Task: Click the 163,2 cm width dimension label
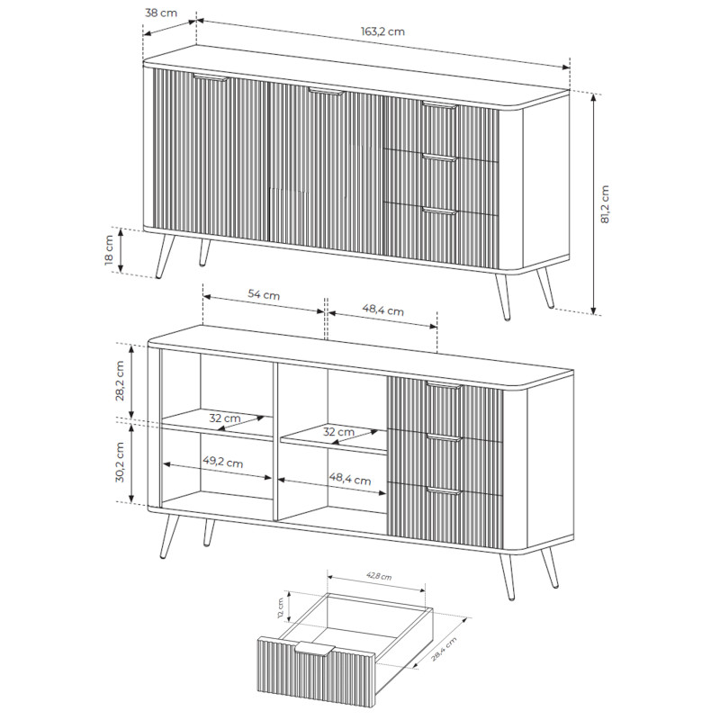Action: pos(382,31)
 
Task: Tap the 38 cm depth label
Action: pos(161,13)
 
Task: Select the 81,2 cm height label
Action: pos(605,204)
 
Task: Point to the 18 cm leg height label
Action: pos(109,250)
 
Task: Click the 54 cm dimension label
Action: pos(264,294)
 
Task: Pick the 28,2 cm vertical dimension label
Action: pos(120,381)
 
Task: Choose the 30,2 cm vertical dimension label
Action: pos(120,462)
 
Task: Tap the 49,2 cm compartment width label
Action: pos(223,461)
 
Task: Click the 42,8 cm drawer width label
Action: pos(379,576)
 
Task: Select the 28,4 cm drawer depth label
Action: pos(444,649)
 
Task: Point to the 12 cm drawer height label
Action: pos(281,608)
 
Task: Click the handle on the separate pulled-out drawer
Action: pos(314,648)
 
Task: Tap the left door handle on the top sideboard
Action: pos(211,77)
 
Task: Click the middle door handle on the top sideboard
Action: pos(326,92)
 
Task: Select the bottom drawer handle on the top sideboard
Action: pos(440,211)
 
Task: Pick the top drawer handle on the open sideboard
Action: pos(444,385)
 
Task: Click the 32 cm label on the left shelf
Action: pos(225,418)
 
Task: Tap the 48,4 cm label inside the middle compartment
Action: pos(350,479)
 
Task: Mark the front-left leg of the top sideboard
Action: pos(165,256)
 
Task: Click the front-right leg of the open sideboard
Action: pos(507,576)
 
